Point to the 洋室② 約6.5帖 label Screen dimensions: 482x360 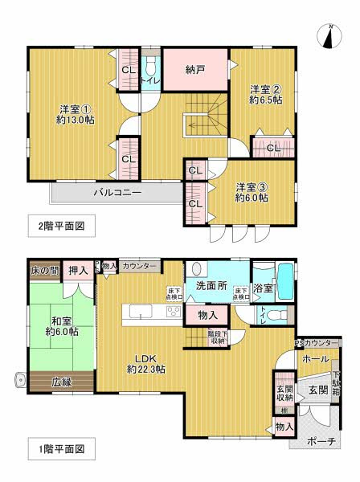pos(265,95)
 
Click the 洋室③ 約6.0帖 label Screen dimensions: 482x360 pos(252,193)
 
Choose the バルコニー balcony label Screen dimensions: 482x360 pos(117,194)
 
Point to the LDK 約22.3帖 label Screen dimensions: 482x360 pos(146,363)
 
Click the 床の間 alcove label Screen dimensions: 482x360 pos(43,269)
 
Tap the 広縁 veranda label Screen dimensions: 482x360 pos(61,381)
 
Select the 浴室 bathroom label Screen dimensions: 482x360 pos(263,288)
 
